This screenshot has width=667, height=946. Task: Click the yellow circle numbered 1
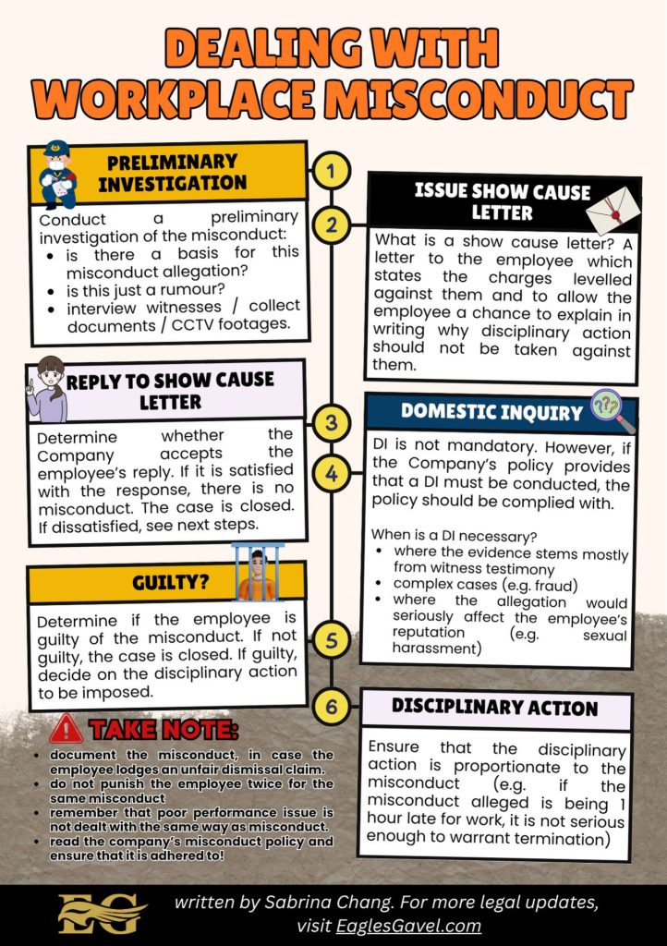[332, 171]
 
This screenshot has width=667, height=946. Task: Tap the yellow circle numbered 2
[332, 224]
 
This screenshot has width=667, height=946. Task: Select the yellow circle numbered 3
[332, 423]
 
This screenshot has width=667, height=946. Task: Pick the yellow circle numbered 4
[332, 474]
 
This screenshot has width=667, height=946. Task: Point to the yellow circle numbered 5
[332, 638]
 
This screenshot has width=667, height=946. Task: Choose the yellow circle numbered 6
[332, 707]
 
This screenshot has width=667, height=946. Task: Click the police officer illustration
[59, 174]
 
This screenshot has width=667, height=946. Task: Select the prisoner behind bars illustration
[258, 574]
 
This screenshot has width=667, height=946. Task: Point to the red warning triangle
[67, 729]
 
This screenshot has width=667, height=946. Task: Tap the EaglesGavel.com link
[419, 925]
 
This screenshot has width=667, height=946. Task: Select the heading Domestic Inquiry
[491, 412]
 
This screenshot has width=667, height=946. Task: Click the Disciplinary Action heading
[494, 708]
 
